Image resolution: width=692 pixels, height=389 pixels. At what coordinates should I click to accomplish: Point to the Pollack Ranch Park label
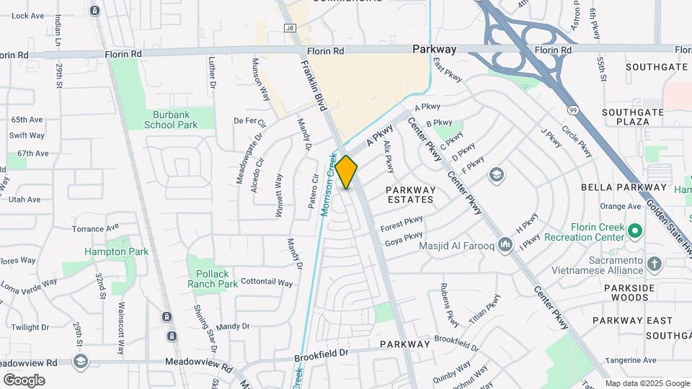point(213,279)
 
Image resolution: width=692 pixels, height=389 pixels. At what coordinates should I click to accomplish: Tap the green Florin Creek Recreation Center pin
point(634,231)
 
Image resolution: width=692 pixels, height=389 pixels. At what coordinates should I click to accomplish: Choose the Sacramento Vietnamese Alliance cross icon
point(655,264)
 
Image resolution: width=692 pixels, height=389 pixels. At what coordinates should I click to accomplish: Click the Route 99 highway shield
point(572,109)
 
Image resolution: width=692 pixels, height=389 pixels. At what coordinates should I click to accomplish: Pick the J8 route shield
point(290,28)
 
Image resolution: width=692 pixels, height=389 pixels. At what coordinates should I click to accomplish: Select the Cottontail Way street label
point(267,282)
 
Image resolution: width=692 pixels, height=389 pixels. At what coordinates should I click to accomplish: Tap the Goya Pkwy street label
point(404,238)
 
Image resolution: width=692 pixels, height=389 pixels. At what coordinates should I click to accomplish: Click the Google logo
point(25,380)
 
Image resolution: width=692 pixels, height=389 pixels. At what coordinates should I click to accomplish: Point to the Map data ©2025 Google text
point(646,383)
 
